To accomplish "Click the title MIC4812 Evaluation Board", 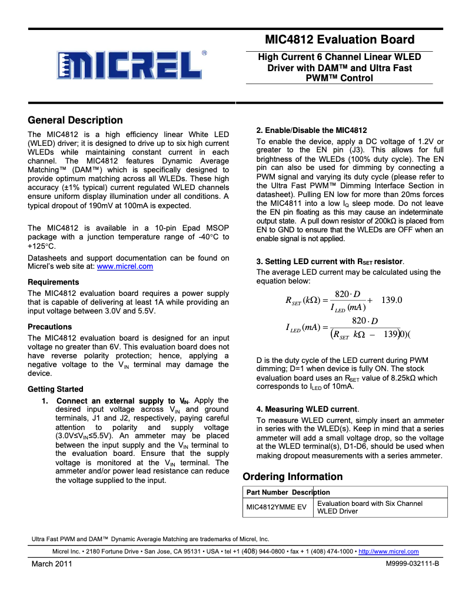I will pos(340,40).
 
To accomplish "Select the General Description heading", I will pos(75,121).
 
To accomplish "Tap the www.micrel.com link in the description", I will pos(124,266).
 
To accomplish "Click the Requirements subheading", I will pos(53,282).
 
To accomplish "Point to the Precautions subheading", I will pos(49,327).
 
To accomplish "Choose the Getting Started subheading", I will pos(55,389).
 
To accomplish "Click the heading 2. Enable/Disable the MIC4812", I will pos(311,130).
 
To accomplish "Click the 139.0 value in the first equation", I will pos(391,300).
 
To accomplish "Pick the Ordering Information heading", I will pos(292,477).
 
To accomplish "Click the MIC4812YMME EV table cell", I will pos(275,507).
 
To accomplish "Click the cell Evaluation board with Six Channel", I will pos(370,504).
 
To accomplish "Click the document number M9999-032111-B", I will pos(413,564).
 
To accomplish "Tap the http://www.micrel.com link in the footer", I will pos(388,552).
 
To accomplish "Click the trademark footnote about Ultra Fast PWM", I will pos(150,539).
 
